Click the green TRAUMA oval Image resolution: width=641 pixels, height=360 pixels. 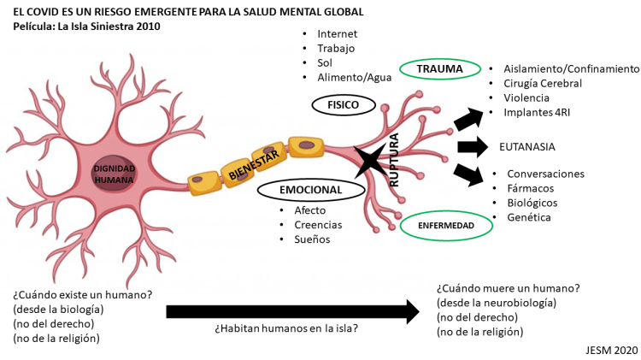coord(439,68)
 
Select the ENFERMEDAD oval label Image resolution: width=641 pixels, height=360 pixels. coord(447,225)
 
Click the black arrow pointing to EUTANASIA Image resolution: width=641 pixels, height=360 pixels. coord(471,146)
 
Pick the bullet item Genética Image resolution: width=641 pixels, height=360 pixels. coord(529,217)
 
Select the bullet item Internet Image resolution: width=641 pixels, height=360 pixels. coord(337,33)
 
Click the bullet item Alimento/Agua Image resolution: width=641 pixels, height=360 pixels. coord(354,77)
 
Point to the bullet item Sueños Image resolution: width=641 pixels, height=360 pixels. coord(312,239)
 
